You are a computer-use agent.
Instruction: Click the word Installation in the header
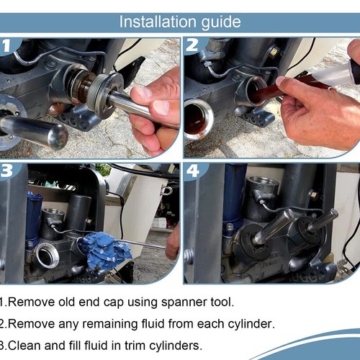pos(158,22)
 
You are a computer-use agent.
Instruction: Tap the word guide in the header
pos(221,23)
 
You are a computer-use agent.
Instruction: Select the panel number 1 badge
pos(6,45)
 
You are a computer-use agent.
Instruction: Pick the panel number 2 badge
pos(192,45)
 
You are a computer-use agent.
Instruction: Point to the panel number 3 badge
pos(6,171)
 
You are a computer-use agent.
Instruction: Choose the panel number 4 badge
pos(193,171)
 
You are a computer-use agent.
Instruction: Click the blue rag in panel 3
pos(104,250)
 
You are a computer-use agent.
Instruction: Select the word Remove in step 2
pos(31,324)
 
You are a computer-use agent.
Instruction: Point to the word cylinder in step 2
pos(250,325)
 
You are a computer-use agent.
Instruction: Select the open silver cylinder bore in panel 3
pos(47,256)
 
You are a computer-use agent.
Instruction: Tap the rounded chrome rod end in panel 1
pos(57,136)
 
